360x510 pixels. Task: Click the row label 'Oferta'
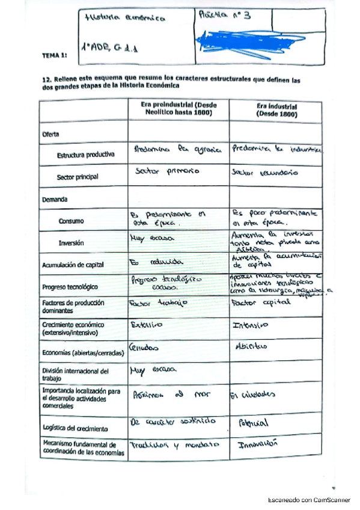pyautogui.click(x=50, y=134)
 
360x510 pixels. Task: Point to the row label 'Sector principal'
pyautogui.click(x=78, y=177)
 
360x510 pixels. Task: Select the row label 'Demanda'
pyautogui.click(x=54, y=198)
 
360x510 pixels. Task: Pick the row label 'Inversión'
pyautogui.click(x=71, y=243)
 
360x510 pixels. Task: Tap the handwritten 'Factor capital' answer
pyautogui.click(x=261, y=303)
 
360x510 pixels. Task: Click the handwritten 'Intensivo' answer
pyautogui.click(x=250, y=325)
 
